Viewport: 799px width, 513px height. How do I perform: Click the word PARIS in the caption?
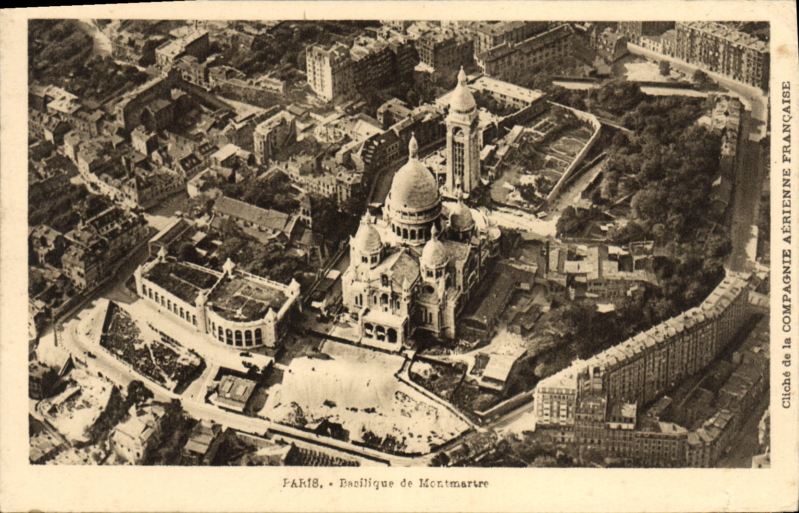(301, 484)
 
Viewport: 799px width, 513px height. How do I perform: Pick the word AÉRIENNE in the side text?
(787, 194)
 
